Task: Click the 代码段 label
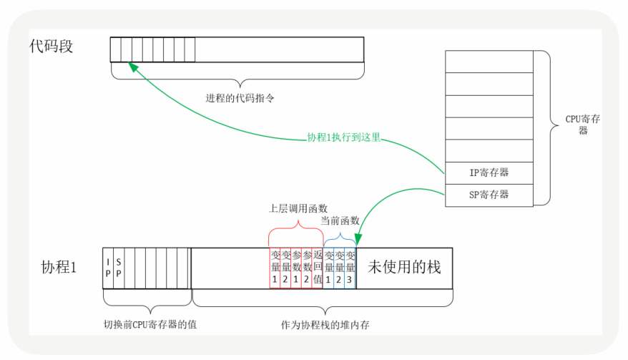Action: coord(51,47)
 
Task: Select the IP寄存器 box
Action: coord(489,172)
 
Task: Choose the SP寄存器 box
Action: coord(489,195)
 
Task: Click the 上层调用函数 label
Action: coord(298,208)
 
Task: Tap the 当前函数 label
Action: coord(340,221)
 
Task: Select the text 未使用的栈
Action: coord(404,267)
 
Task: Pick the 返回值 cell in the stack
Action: coord(318,268)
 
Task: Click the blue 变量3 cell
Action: coord(350,268)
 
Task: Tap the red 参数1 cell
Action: coord(296,268)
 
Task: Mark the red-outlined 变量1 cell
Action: coord(275,268)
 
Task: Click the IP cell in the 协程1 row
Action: coord(108,268)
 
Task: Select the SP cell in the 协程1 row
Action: coord(119,268)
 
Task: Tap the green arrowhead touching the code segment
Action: coord(133,65)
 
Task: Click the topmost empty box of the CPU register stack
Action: coord(489,62)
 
